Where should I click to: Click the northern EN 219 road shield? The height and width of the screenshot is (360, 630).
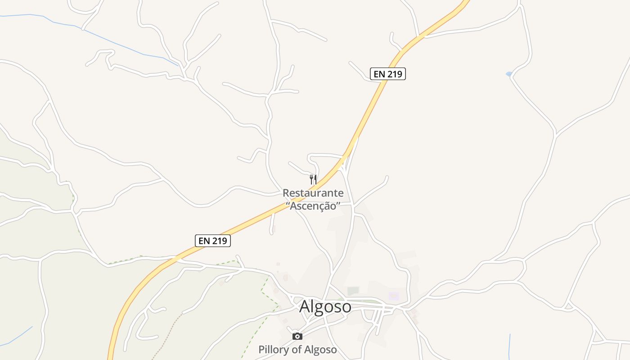[x=387, y=74]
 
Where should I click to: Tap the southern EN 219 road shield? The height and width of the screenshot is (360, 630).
[x=212, y=241]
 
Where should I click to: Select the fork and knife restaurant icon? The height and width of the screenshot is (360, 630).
[x=313, y=180]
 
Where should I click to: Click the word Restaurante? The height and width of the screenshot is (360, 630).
[x=313, y=193]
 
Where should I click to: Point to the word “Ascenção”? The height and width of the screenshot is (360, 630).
[x=313, y=206]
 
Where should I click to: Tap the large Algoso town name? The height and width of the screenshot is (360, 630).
[x=325, y=306]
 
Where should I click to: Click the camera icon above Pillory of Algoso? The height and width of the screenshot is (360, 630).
[x=297, y=336]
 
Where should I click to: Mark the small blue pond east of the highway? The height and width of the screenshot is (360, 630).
[x=509, y=74]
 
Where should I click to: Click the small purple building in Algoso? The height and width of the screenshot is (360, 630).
[x=394, y=296]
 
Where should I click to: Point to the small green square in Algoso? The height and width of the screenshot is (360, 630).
[x=353, y=291]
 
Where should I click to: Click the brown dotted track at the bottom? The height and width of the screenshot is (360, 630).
[x=169, y=333]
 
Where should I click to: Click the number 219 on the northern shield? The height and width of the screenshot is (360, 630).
[x=394, y=74]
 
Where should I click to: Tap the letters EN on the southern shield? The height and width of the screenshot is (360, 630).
[x=204, y=241]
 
